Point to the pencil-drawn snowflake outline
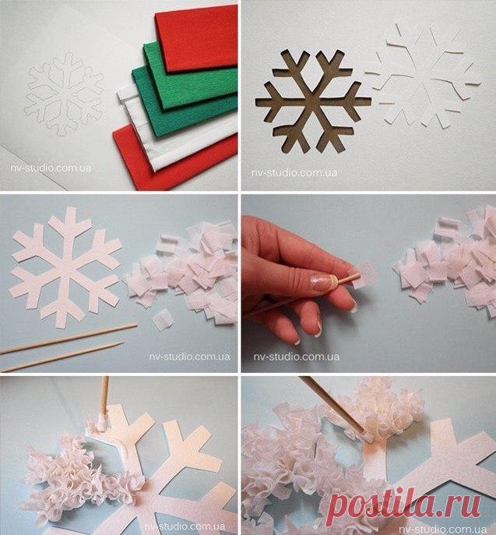tap(64, 93)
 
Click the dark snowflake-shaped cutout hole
tap(313, 101)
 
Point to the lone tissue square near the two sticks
tap(163, 319)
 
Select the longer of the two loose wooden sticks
tap(69, 339)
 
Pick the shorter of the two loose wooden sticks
tap(62, 357)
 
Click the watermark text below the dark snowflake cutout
tap(294, 173)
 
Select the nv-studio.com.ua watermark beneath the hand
tap(296, 357)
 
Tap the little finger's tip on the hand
tap(297, 340)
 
